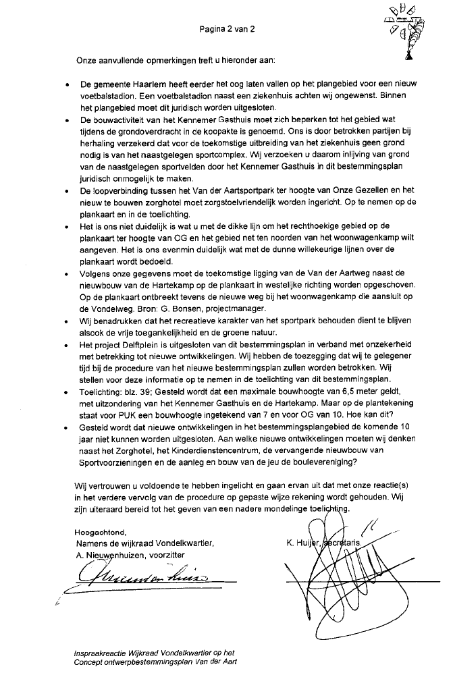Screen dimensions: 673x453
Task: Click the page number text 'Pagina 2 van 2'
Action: click(x=227, y=30)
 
